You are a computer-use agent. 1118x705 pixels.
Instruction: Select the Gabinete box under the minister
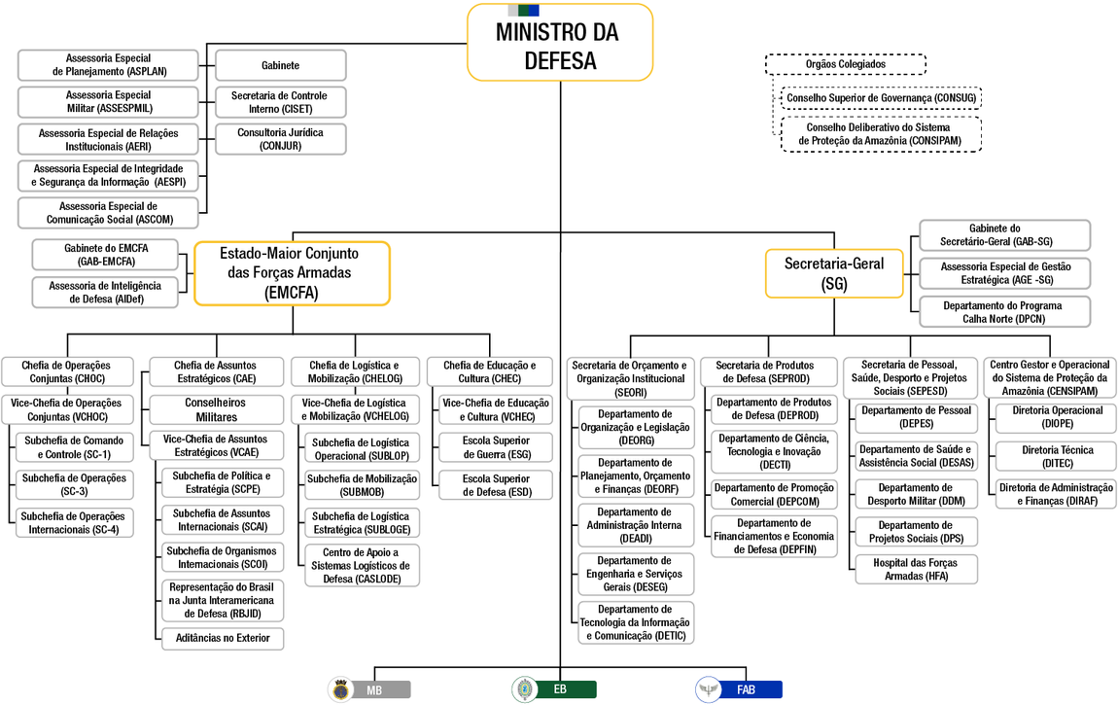[x=280, y=65]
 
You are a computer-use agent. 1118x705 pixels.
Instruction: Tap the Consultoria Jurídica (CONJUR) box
[x=280, y=139]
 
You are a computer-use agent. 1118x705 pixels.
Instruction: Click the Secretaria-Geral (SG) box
[x=834, y=273]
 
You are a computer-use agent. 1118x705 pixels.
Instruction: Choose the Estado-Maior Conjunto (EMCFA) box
[x=292, y=272]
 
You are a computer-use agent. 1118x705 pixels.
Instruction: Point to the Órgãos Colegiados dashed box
[x=845, y=64]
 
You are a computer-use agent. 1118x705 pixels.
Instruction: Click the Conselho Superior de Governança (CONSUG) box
[x=881, y=98]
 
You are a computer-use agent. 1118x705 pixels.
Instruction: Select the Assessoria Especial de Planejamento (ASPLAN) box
[x=109, y=65]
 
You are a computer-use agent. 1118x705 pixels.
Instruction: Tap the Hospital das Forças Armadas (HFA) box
[x=916, y=570]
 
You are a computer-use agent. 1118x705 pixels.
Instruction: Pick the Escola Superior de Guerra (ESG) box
[x=496, y=447]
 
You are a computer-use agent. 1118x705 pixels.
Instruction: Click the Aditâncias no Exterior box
[x=224, y=638]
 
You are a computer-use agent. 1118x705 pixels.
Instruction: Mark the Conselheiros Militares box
[x=216, y=409]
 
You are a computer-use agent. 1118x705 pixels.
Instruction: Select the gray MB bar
[x=381, y=689]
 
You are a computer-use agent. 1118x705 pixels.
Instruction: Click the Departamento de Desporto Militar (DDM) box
[x=916, y=494]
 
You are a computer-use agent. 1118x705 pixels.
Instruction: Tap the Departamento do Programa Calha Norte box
[x=1001, y=311]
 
